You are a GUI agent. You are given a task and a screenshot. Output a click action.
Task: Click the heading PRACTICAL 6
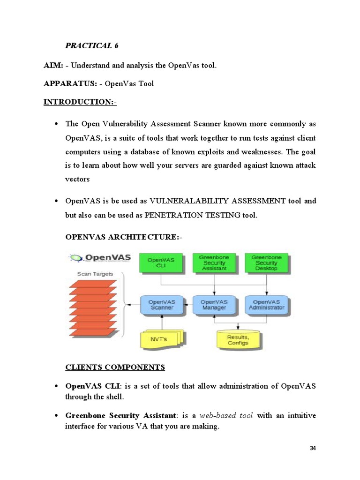91,45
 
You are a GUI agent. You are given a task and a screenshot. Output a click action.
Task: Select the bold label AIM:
53,65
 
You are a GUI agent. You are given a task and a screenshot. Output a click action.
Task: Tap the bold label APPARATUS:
70,84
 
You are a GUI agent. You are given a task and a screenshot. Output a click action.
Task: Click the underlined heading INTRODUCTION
80,102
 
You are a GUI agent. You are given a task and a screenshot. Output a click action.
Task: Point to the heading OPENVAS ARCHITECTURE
123,238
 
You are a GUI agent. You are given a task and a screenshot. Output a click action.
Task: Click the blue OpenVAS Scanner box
161,305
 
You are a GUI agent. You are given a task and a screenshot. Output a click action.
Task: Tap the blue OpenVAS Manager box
214,305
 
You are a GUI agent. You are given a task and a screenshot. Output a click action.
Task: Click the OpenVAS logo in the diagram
100,258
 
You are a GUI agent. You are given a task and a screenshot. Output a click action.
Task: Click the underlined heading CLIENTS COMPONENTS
115,367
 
